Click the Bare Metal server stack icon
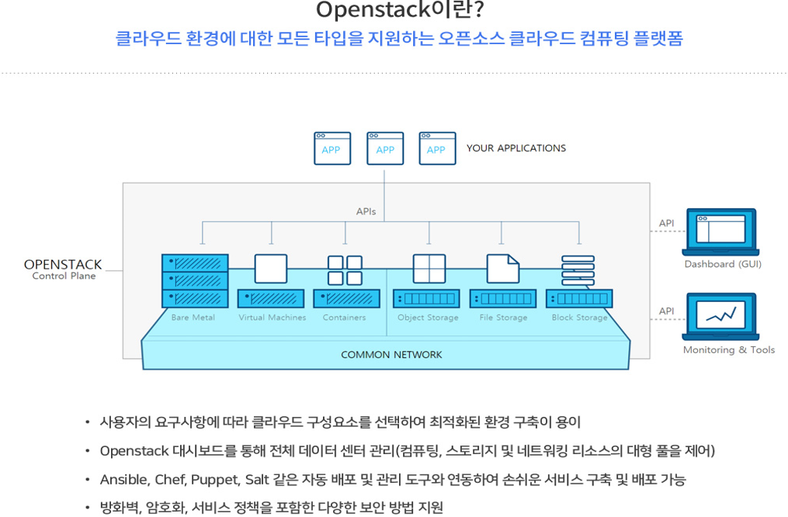click(x=195, y=281)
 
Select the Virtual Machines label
click(x=272, y=317)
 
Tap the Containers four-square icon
click(x=345, y=271)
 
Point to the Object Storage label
click(x=428, y=317)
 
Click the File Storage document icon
click(x=502, y=269)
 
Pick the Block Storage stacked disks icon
click(x=578, y=271)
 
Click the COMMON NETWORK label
click(x=391, y=355)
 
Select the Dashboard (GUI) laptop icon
click(x=720, y=231)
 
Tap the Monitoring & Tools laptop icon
click(x=720, y=317)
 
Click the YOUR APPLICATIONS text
click(x=515, y=148)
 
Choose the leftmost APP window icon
click(x=332, y=148)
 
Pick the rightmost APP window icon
click(x=437, y=148)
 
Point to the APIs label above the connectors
click(x=366, y=211)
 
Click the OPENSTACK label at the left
click(x=63, y=265)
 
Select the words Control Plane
click(x=64, y=276)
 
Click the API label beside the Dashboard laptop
click(x=666, y=224)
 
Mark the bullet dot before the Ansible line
click(x=87, y=479)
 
